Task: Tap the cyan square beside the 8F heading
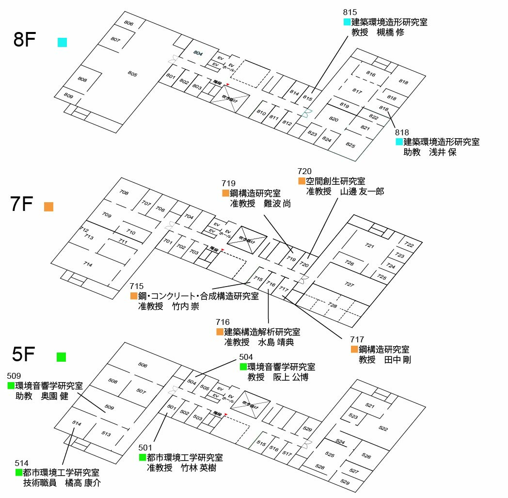click(x=62, y=42)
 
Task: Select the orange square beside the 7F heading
click(x=48, y=207)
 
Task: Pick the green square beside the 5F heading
click(x=61, y=357)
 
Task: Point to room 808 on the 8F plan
click(x=82, y=79)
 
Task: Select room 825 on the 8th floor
click(x=350, y=145)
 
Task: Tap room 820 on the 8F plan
click(x=333, y=119)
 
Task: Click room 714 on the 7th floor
click(x=88, y=264)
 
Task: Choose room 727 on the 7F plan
click(x=349, y=284)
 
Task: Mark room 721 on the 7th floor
click(x=369, y=246)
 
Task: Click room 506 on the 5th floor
click(x=143, y=365)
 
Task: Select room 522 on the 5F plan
click(x=383, y=428)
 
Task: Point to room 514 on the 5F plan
click(x=77, y=423)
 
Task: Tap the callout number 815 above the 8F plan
click(x=349, y=12)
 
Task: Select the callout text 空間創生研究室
click(x=335, y=181)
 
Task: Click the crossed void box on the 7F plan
click(x=247, y=239)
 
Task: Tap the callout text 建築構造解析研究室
click(x=262, y=332)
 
